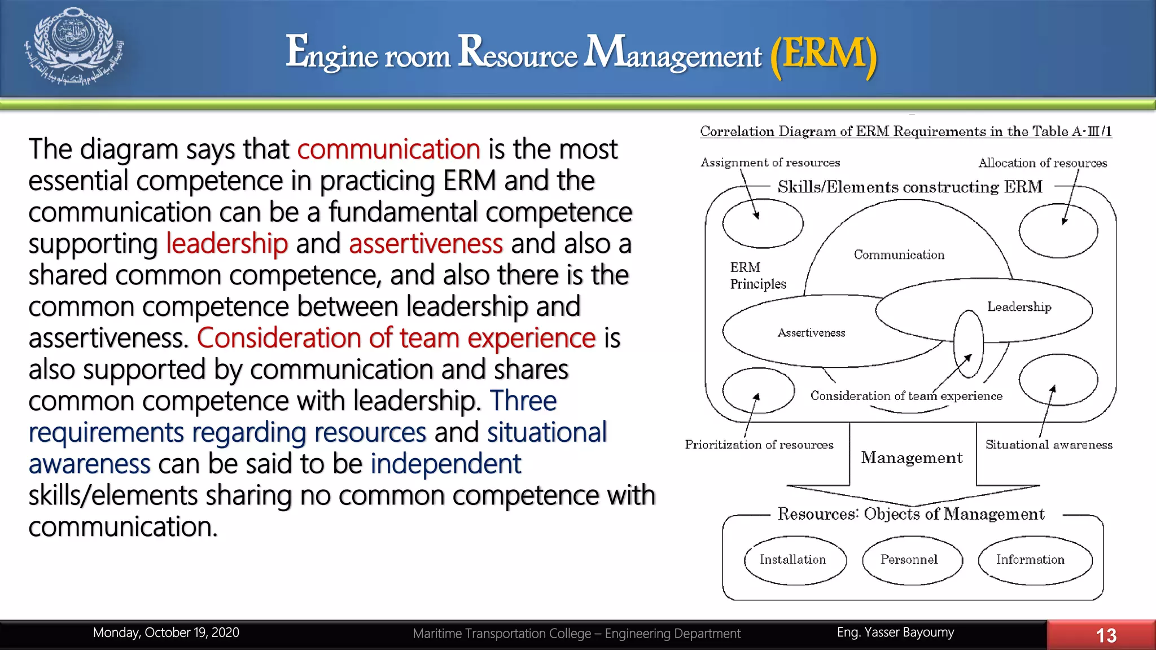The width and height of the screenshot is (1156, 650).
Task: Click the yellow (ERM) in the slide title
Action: click(824, 54)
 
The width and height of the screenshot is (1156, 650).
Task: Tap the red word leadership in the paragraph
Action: click(227, 244)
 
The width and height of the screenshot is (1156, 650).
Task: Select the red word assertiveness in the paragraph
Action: click(426, 244)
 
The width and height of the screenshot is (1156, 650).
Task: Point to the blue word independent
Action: click(445, 464)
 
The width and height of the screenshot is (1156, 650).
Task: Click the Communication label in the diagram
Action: click(899, 255)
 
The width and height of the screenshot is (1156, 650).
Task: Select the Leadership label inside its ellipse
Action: click(1019, 307)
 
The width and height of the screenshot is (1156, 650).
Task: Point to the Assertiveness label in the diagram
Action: click(811, 333)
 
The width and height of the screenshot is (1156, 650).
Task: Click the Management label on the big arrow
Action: click(912, 458)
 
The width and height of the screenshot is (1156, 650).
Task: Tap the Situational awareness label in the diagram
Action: click(1049, 445)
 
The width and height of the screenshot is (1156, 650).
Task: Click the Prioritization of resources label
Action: click(759, 445)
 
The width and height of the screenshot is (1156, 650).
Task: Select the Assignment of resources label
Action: click(770, 162)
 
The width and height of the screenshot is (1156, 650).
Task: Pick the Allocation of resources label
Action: click(1043, 163)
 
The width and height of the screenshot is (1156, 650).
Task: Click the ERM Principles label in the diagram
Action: click(757, 275)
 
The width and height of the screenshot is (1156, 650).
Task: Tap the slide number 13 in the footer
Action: click(1106, 635)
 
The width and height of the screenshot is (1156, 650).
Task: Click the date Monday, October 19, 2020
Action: click(166, 633)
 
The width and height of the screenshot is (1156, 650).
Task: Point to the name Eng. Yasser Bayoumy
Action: click(895, 633)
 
